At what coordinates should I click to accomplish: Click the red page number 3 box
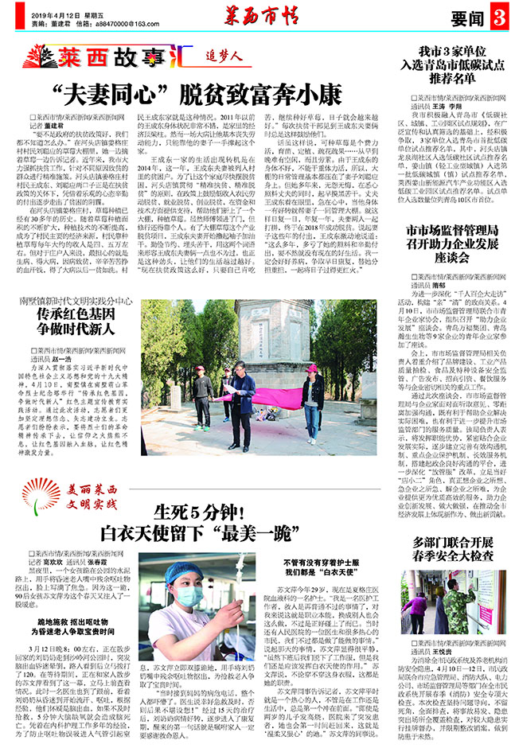[x=498, y=16]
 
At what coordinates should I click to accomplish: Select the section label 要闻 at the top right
[x=466, y=17]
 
